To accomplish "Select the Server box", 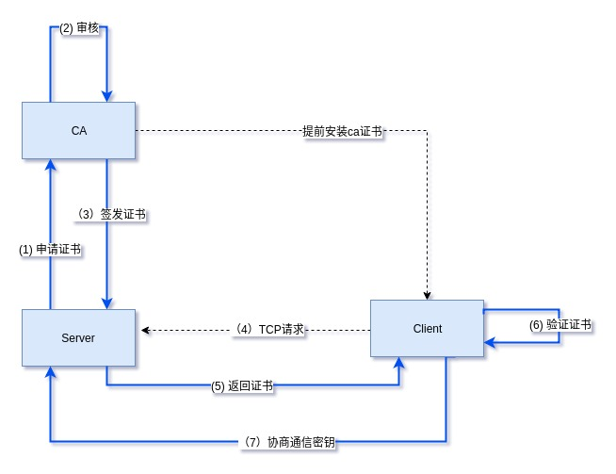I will pos(78,336).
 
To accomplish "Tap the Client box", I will pos(427,329).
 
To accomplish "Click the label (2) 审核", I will pos(78,29).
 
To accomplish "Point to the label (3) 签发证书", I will pos(111,214).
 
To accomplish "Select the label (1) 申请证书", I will pos(49,250).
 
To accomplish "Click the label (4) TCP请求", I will pos(270,331).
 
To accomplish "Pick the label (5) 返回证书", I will pos(243,385).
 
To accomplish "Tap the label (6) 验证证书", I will pos(559,325).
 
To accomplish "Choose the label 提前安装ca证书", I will pos(342,131).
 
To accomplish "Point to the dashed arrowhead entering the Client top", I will pos(428,294).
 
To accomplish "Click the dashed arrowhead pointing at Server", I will pos(145,331).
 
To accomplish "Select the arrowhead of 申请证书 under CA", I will pos(50,165).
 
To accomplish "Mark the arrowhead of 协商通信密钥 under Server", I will pos(50,371).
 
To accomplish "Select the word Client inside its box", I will pos(427,329).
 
